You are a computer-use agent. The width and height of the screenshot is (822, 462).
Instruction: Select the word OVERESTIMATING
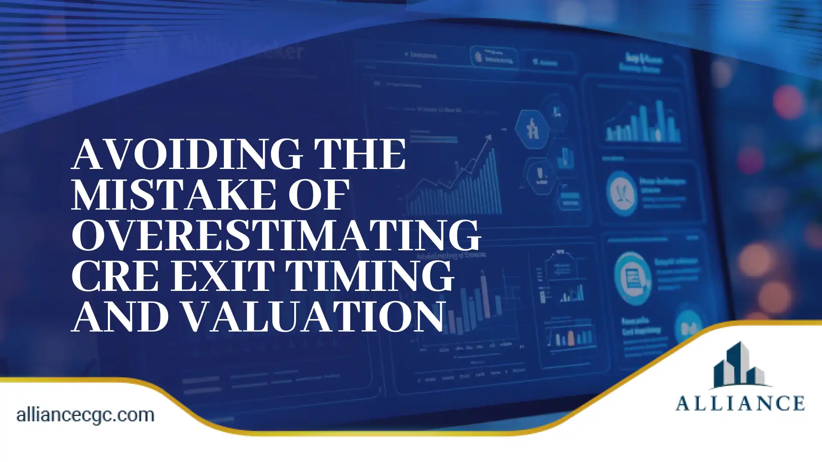[276, 236]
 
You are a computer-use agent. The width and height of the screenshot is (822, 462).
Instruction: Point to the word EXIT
[223, 277]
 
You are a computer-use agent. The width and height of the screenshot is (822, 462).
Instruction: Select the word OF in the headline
[319, 195]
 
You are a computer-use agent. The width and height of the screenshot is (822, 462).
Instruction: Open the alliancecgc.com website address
[85, 415]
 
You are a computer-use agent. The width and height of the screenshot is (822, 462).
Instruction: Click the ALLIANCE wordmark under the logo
[740, 403]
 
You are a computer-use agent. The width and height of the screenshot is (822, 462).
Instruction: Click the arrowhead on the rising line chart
[488, 138]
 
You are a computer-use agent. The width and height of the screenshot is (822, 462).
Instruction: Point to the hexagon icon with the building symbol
[532, 128]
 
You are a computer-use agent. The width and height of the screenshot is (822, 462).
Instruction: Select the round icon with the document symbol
[632, 278]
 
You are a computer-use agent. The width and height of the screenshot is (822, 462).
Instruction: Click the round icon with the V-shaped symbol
[621, 193]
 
